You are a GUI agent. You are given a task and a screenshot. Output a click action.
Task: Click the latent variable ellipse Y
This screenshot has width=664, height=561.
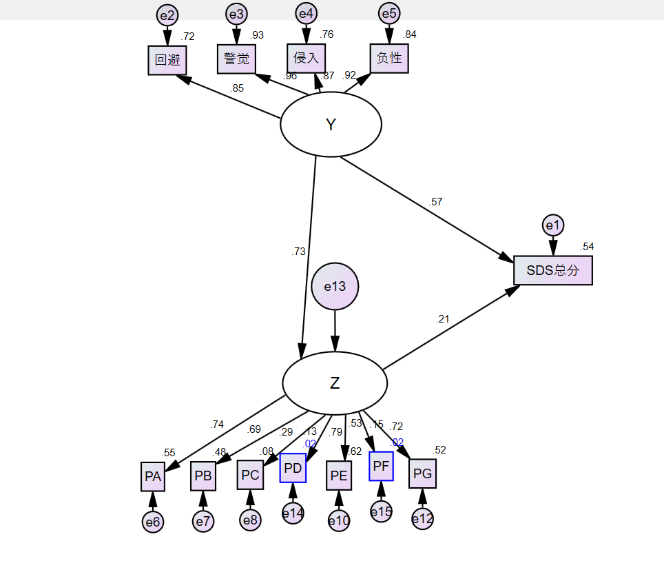point(331,125)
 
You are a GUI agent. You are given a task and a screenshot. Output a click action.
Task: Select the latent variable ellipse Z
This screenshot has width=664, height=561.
point(335,383)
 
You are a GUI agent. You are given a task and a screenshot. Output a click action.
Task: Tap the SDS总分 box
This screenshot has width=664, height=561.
point(552,270)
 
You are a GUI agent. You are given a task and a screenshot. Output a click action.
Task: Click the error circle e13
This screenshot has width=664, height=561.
point(335,286)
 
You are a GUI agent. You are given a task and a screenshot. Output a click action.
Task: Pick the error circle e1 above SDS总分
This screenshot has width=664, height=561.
point(553,225)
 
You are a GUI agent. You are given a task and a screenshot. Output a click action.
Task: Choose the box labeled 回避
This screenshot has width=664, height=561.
point(167,60)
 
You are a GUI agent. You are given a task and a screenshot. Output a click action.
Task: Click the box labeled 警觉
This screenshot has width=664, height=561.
point(236,59)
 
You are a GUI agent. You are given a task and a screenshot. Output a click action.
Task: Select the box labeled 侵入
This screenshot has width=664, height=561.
point(306,58)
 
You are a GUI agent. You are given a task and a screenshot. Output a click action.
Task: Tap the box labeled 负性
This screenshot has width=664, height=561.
point(389,58)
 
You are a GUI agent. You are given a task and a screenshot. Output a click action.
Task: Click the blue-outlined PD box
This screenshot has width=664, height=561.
point(293,468)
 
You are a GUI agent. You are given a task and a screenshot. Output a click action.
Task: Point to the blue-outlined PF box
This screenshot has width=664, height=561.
point(381,466)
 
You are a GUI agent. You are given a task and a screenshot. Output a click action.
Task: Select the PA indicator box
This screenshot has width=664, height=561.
point(153,476)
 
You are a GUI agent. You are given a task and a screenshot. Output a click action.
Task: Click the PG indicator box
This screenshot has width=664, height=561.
point(422,473)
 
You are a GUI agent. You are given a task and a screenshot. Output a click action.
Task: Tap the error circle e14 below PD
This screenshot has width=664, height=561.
point(293,512)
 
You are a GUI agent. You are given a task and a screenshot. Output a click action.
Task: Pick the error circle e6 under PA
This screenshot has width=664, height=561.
point(153,522)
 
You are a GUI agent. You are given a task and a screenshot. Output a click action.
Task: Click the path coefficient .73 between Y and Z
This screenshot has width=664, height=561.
point(298,252)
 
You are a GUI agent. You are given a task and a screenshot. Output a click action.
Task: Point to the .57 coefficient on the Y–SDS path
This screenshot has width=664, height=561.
point(435,202)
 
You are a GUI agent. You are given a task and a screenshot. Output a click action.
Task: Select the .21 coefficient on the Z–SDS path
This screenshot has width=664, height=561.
point(442,319)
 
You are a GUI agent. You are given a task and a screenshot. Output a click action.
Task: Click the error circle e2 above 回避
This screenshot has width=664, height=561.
point(167,14)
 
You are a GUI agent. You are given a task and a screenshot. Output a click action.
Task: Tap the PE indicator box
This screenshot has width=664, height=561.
point(339,475)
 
